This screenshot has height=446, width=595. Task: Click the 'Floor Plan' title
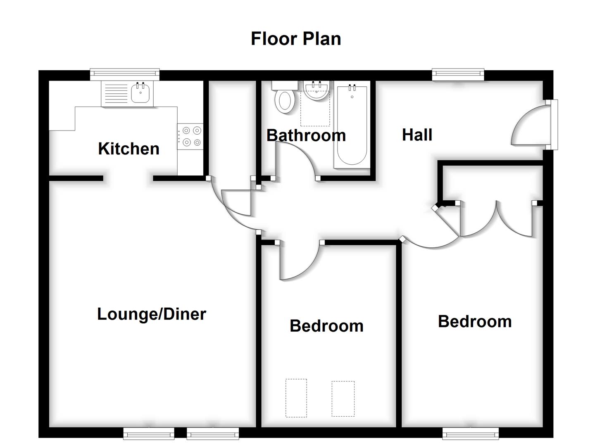pos(296,39)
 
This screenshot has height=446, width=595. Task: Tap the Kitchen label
pos(129,149)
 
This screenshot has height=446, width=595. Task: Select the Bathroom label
pos(306,135)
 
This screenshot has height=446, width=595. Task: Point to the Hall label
pos(417,135)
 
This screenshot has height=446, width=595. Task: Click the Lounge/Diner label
pos(151,314)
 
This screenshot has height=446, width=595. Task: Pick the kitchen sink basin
pos(140,93)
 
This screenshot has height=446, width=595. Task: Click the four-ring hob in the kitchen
pos(190,136)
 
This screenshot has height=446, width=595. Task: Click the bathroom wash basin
pos(317,90)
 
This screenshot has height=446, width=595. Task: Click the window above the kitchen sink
pos(124,74)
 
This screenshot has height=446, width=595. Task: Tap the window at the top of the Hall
pos(458,74)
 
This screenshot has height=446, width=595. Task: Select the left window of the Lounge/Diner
pos(149,433)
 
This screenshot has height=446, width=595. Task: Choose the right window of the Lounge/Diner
pos(213,433)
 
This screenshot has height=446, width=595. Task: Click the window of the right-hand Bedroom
pos(470,433)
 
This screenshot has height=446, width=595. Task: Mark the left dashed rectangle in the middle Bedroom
pos(296,398)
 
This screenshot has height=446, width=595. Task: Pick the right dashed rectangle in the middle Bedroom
pos(343,399)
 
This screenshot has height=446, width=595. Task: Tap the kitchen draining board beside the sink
pos(116,93)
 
